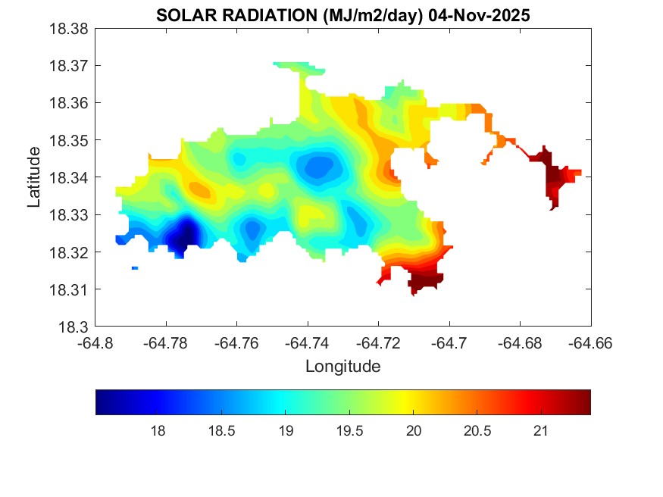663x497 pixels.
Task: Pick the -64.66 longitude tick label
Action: click(590, 342)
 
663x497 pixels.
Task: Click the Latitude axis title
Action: click(34, 178)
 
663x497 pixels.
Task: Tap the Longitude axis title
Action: click(342, 367)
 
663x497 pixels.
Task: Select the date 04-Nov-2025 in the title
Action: click(481, 15)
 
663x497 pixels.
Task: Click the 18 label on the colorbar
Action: click(158, 431)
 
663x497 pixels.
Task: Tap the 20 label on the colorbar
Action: click(413, 431)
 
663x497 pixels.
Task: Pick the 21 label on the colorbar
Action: click(540, 431)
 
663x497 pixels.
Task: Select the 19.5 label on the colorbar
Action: click(349, 431)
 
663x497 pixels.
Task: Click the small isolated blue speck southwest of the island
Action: click(135, 268)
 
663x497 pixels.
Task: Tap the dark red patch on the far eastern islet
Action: click(554, 177)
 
